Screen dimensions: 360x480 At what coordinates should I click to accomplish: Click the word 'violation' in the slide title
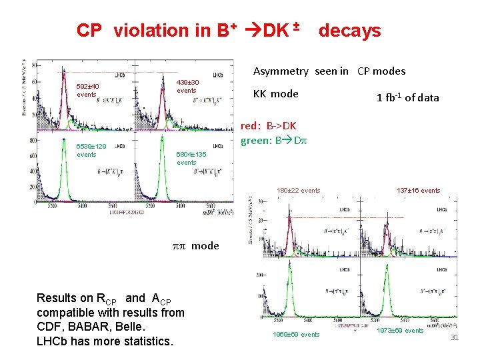tap(152, 31)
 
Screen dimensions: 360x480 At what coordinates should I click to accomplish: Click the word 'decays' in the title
tap(349, 31)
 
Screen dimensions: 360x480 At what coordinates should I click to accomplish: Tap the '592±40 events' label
tap(87, 91)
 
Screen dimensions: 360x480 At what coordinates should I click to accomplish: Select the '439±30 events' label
tap(187, 87)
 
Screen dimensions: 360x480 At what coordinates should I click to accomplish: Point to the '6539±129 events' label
tap(90, 150)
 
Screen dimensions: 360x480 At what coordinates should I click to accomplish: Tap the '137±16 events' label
tap(418, 191)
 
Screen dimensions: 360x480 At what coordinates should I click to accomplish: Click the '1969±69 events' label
tap(296, 335)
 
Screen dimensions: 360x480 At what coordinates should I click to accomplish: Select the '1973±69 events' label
tap(400, 331)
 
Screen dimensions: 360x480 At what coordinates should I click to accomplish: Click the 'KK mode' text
tap(275, 94)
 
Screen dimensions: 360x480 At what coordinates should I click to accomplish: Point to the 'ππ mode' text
tap(195, 245)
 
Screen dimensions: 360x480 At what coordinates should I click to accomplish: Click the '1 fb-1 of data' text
tap(407, 97)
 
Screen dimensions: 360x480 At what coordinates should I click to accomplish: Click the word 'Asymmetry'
tap(281, 71)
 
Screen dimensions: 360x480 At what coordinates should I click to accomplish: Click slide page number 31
tap(455, 338)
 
